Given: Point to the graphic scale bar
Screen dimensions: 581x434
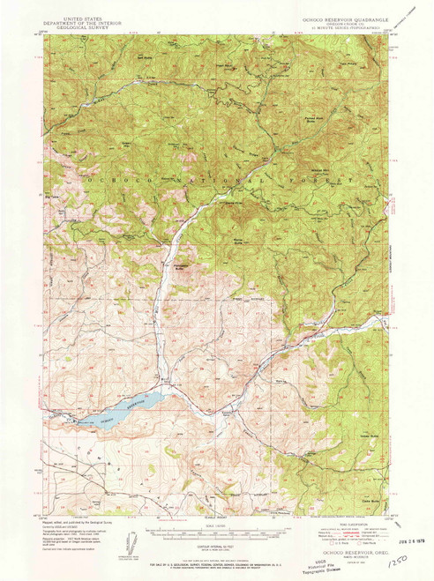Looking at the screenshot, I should coord(217,534).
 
